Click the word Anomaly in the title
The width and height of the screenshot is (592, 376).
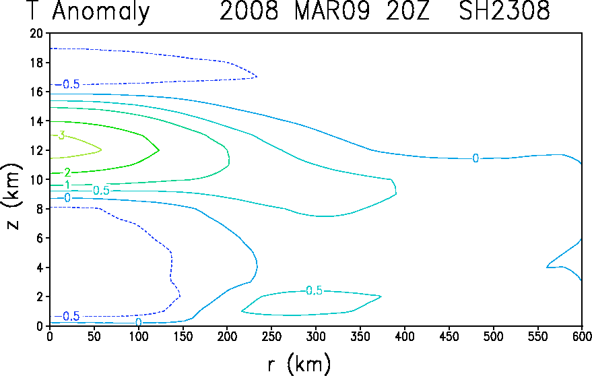pos(101,11)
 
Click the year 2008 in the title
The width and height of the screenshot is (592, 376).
pos(249,11)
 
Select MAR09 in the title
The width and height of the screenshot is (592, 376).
pos(332,11)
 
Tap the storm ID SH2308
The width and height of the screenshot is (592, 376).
pos(504,11)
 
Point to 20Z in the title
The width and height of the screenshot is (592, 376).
pos(407,11)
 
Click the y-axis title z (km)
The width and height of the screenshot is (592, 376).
pos(12,196)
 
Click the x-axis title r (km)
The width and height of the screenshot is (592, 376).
pos(299,365)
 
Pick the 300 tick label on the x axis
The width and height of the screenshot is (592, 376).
pos(316,336)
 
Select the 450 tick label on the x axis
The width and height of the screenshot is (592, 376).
pos(449,336)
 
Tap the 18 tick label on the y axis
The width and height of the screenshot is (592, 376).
pos(37,63)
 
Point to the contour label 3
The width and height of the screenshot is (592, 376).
pos(61,135)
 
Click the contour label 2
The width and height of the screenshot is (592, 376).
pos(67,173)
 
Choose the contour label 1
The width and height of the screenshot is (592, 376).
pos(67,185)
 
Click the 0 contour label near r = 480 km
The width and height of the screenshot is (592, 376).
pos(475,158)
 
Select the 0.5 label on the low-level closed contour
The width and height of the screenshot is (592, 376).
pos(314,290)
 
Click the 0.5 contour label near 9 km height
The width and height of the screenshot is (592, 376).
pos(101,191)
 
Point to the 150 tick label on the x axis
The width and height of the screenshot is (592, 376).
pos(183,336)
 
